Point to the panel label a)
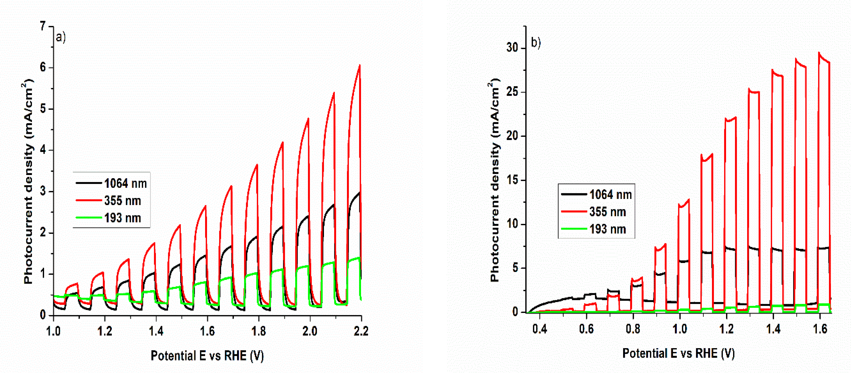tap(61, 37)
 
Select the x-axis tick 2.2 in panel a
tap(361, 331)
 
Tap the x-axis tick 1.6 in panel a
tap(207, 331)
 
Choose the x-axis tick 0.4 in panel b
tap(539, 329)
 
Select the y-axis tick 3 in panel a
tap(43, 191)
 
